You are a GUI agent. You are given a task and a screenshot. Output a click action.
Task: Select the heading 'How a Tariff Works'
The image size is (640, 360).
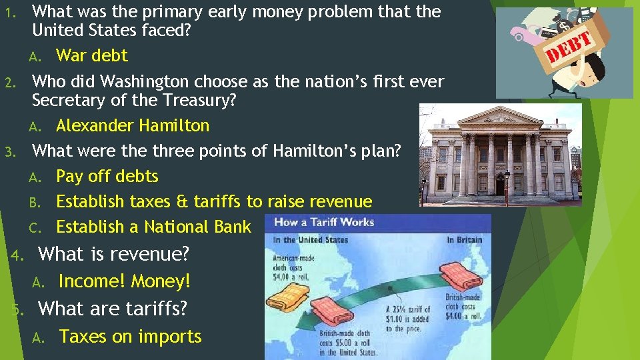click(324, 223)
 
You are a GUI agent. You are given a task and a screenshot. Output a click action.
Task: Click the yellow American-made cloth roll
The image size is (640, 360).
click(283, 281)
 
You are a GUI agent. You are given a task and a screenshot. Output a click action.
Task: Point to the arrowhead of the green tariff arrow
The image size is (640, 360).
click(303, 320)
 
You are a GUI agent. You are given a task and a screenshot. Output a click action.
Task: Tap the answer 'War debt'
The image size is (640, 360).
click(91, 55)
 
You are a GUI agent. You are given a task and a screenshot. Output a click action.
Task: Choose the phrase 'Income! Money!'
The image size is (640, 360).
click(124, 281)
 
